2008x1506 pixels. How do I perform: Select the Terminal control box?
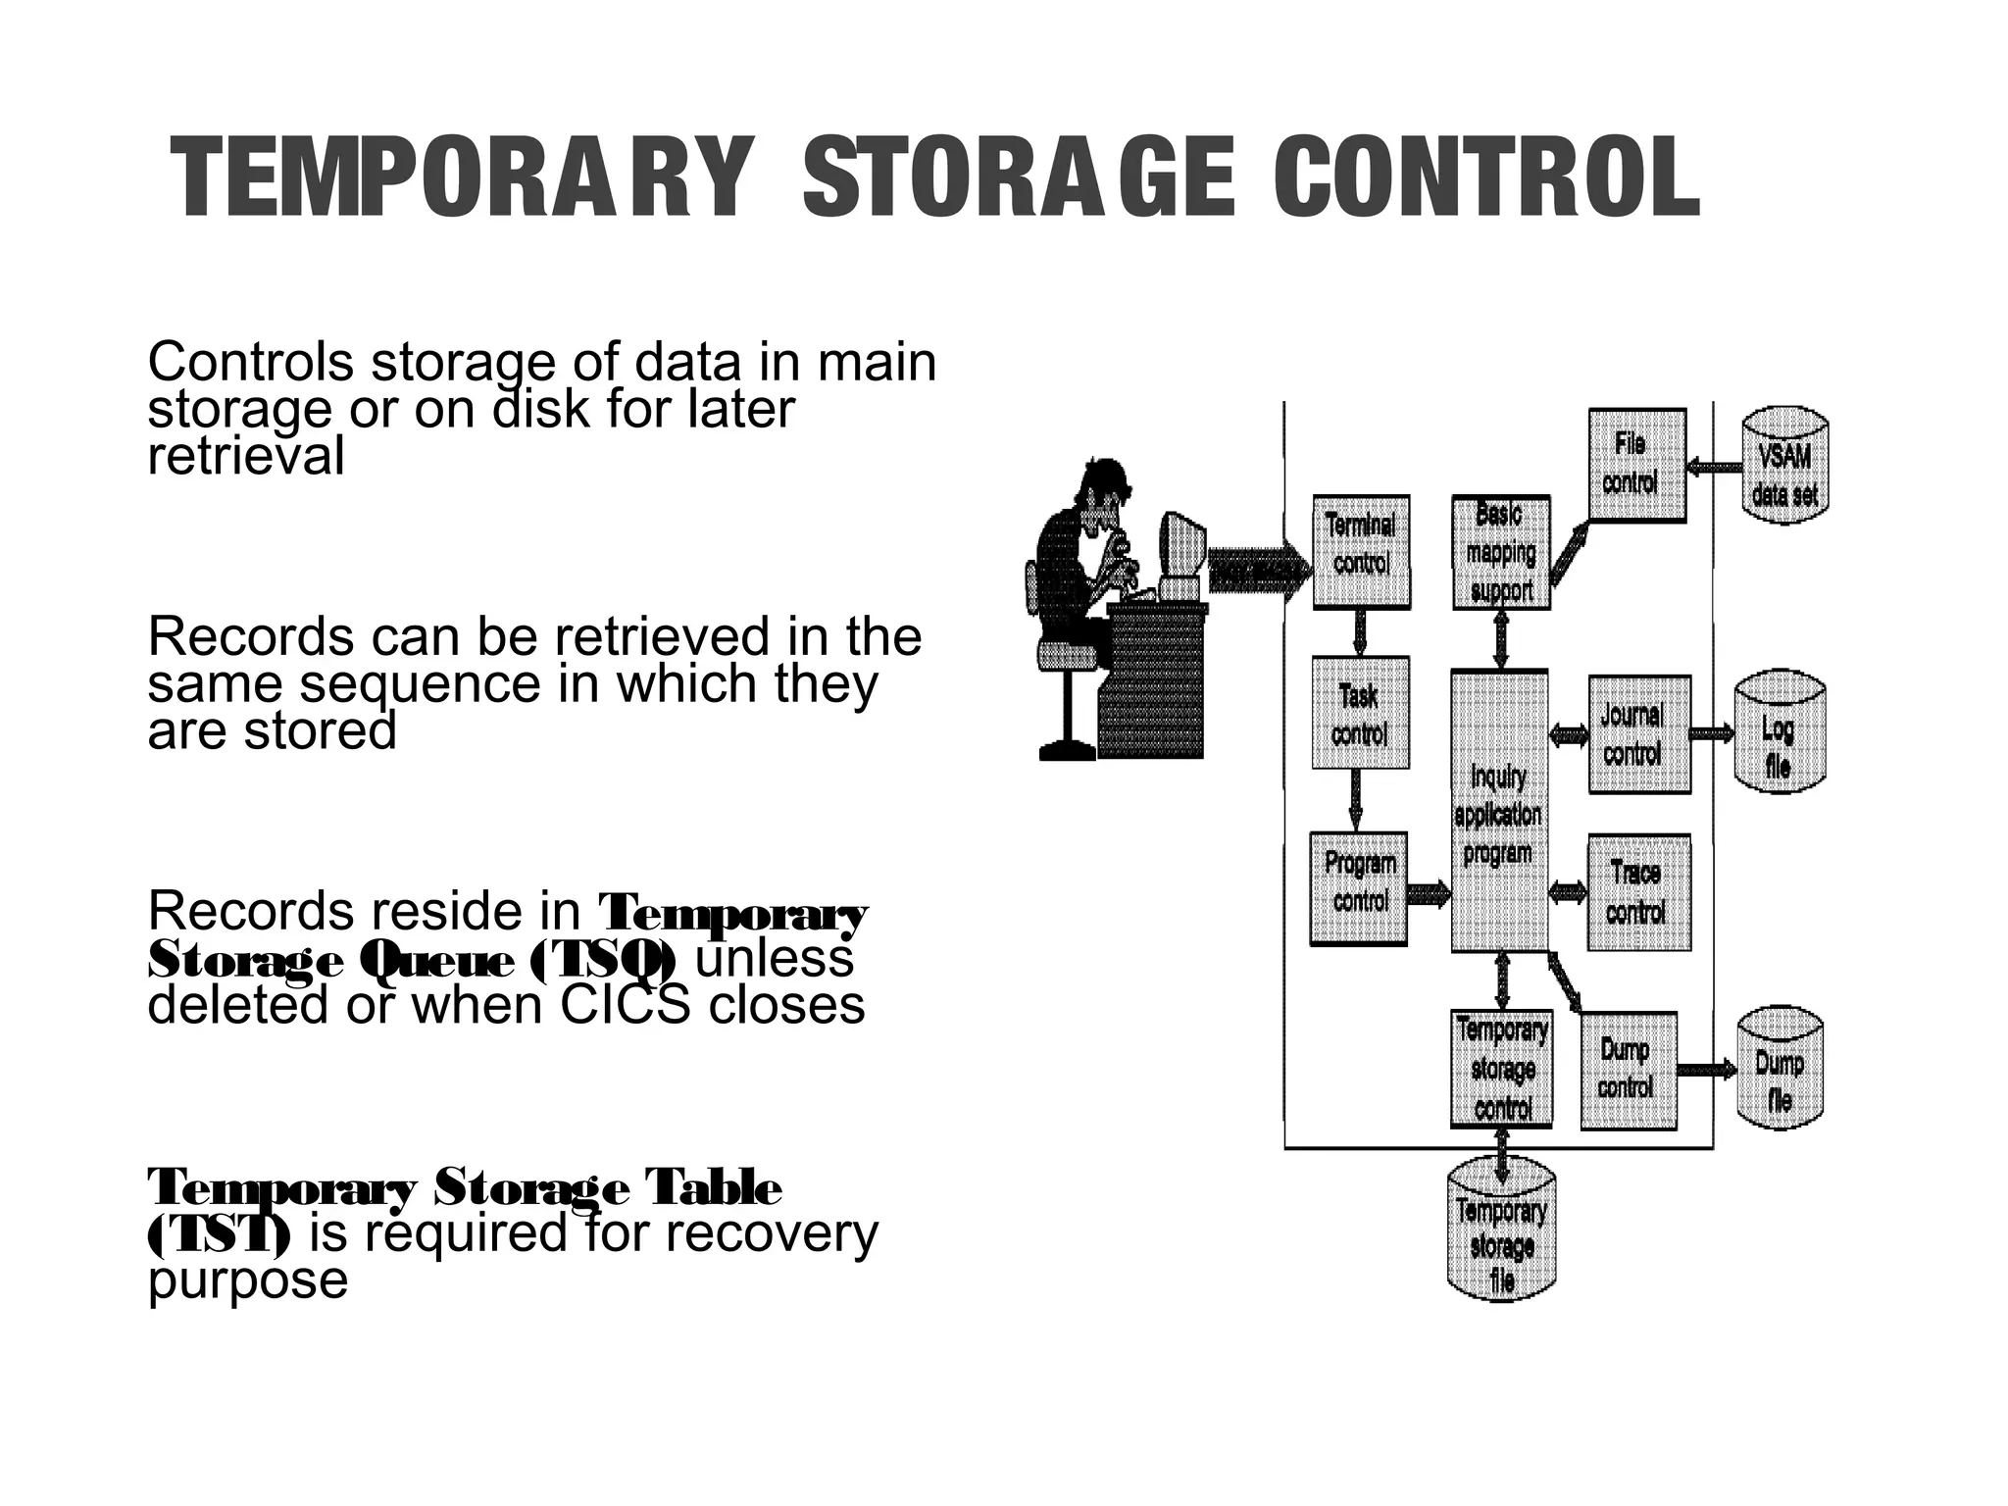pyautogui.click(x=1361, y=551)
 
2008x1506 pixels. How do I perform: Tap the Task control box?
pyautogui.click(x=1360, y=713)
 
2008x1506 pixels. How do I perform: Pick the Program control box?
pyautogui.click(x=1359, y=888)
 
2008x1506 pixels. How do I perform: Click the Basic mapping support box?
pyautogui.click(x=1500, y=552)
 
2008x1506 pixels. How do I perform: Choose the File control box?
pyautogui.click(x=1636, y=465)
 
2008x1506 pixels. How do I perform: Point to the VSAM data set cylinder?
pyautogui.click(x=1784, y=467)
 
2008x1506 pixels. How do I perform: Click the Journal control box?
pyautogui.click(x=1638, y=733)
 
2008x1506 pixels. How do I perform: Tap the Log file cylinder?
pyautogui.click(x=1779, y=735)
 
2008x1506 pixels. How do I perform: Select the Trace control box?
pyautogui.click(x=1638, y=892)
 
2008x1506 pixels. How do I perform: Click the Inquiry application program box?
pyautogui.click(x=1499, y=811)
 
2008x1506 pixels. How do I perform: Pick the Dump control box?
pyautogui.click(x=1629, y=1070)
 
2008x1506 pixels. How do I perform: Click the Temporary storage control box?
pyautogui.click(x=1501, y=1069)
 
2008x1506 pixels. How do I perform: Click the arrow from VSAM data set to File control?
pyautogui.click(x=1715, y=468)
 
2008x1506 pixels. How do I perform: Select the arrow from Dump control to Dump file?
pyautogui.click(x=1707, y=1069)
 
